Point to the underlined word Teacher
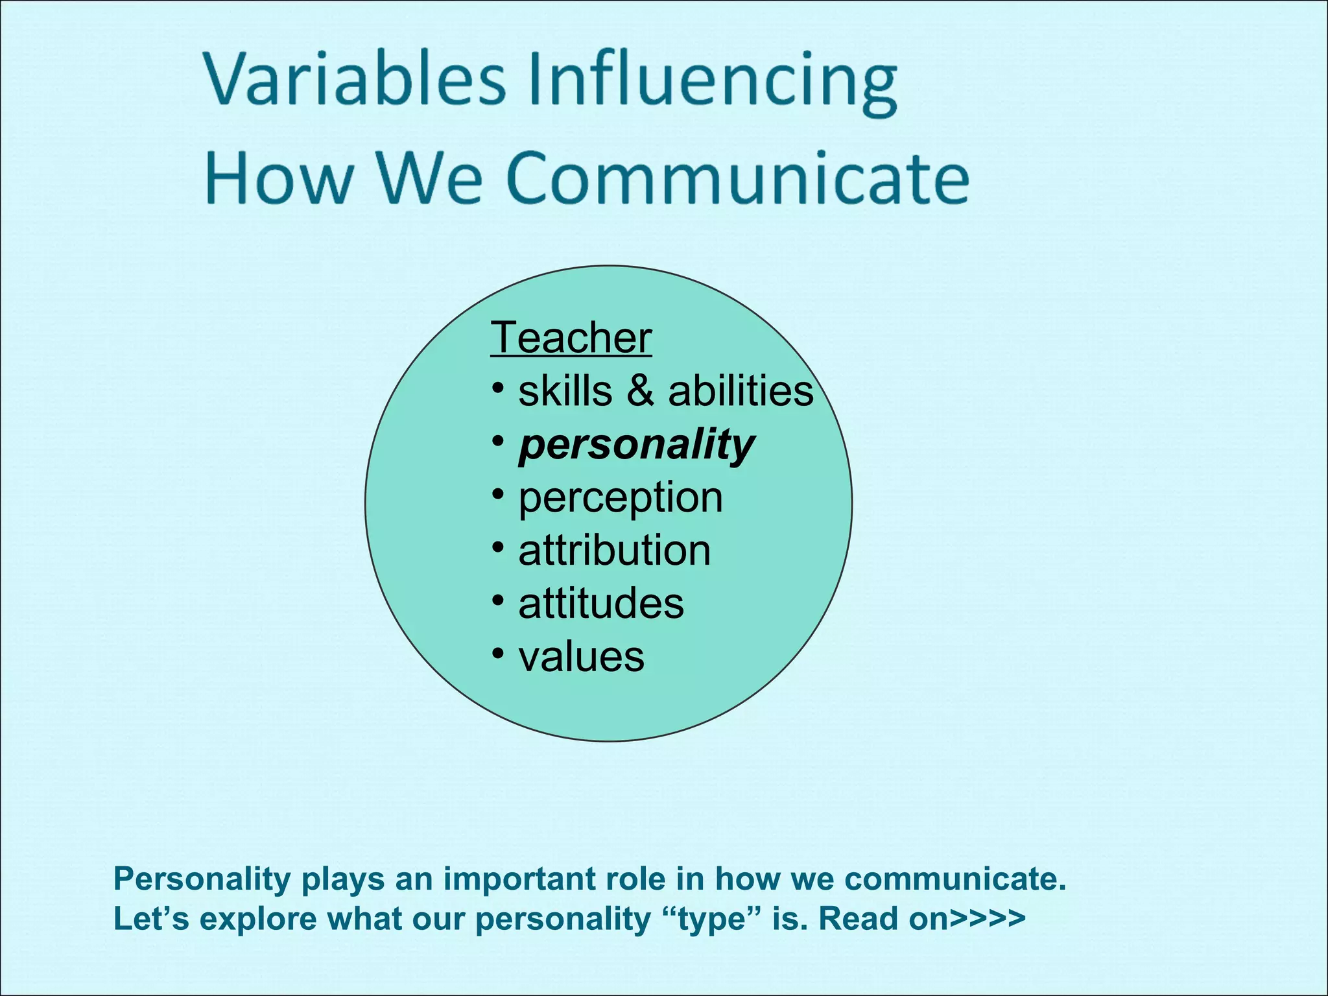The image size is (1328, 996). (x=571, y=338)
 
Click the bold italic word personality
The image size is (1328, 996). (x=636, y=445)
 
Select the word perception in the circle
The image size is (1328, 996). (x=620, y=498)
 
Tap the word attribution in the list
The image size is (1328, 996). (x=614, y=551)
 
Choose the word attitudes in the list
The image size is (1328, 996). (x=600, y=604)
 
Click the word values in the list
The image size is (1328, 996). (x=581, y=657)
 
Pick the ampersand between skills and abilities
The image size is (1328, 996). (x=640, y=391)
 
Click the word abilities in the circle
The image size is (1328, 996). (x=741, y=391)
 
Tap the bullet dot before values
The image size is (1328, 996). (x=497, y=653)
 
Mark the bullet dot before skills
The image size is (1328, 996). (x=497, y=388)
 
